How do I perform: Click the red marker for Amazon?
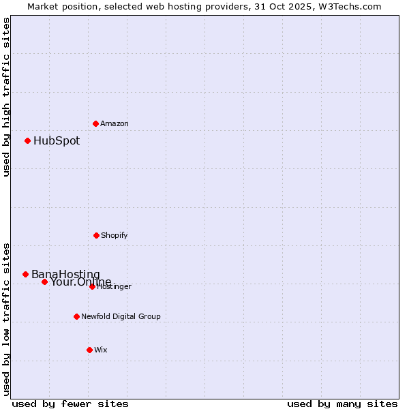coord(96,123)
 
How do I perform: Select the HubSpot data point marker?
coord(28,141)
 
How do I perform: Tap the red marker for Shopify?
coord(96,235)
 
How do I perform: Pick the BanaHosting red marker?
coord(26,274)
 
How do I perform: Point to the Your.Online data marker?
coord(44,282)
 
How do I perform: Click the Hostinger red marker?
coord(92,286)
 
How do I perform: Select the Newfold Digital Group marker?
coord(76,316)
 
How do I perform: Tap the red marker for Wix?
coord(89,350)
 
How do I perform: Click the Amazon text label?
coord(115,124)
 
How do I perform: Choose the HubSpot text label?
coord(57,141)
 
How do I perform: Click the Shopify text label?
coord(115,236)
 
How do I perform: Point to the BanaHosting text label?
coord(65,274)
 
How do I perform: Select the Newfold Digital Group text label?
coord(121,316)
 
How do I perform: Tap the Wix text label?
coord(101,350)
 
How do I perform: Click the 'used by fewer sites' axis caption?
coord(70,404)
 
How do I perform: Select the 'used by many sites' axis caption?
coord(342,404)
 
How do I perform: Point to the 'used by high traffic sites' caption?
coord(7,97)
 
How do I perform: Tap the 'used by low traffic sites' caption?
coord(7,319)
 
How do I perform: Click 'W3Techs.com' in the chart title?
coord(347,6)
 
